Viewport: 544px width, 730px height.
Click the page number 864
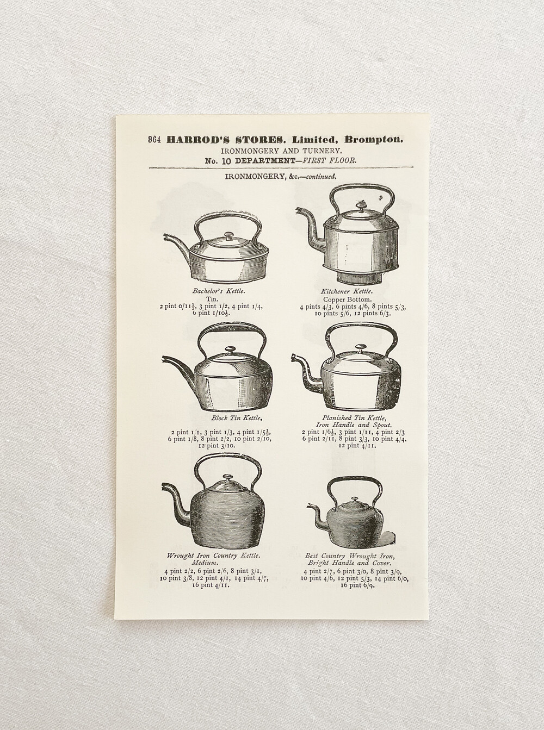[154, 140]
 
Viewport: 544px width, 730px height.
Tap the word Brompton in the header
[374, 140]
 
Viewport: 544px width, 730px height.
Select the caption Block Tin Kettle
[236, 419]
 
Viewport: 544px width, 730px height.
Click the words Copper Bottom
[347, 300]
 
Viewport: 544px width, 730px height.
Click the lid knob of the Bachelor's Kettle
[228, 235]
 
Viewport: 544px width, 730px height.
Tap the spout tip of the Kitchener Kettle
[299, 210]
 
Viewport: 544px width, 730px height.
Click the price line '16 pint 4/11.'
[213, 585]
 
